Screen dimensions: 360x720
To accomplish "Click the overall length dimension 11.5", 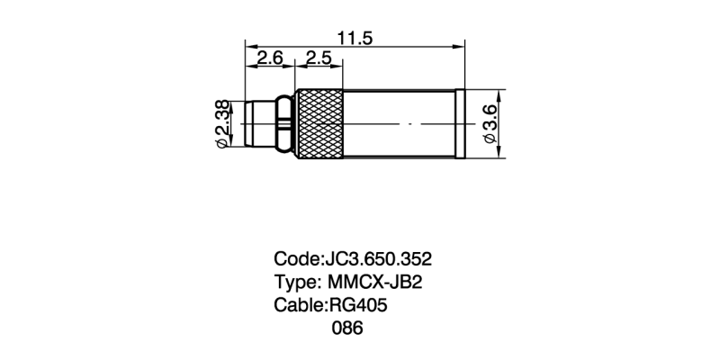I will pyautogui.click(x=355, y=37).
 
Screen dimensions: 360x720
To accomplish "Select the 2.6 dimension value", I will pyautogui.click(x=270, y=58).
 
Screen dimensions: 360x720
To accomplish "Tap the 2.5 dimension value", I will pyautogui.click(x=319, y=58).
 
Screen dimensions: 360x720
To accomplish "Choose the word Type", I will pyautogui.click(x=294, y=282).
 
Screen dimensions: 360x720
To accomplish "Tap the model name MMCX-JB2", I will pyautogui.click(x=375, y=282).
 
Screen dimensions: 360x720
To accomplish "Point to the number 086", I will pyautogui.click(x=347, y=328).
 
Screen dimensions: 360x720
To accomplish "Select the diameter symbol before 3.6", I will pyautogui.click(x=490, y=139).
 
